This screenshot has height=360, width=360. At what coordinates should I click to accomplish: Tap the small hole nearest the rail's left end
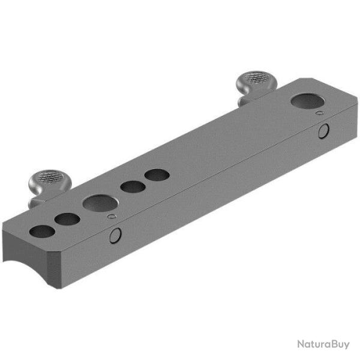tap(41, 231)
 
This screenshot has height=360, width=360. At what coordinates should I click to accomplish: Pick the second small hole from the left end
tap(67, 220)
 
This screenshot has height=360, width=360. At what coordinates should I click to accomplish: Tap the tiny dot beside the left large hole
tap(110, 217)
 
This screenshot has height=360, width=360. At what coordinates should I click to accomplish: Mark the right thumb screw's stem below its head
tap(246, 95)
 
